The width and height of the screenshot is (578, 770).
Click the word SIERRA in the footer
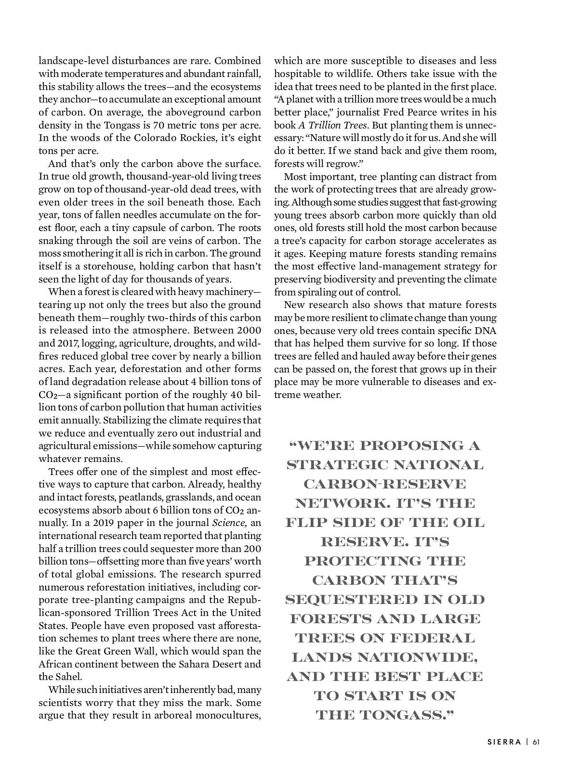504,742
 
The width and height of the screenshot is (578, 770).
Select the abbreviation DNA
485,331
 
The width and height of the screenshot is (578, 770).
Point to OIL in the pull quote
468,523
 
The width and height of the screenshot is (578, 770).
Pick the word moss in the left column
50,254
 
